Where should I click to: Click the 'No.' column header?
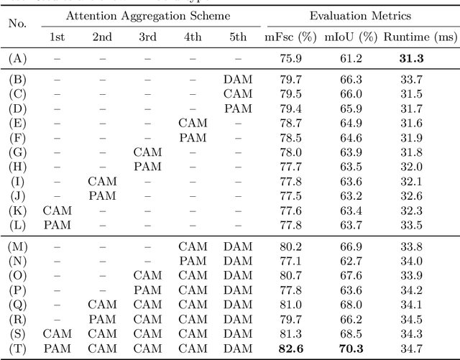pos(17,23)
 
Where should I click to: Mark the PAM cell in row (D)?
pos(237,109)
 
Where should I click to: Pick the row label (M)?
pos(17,247)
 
